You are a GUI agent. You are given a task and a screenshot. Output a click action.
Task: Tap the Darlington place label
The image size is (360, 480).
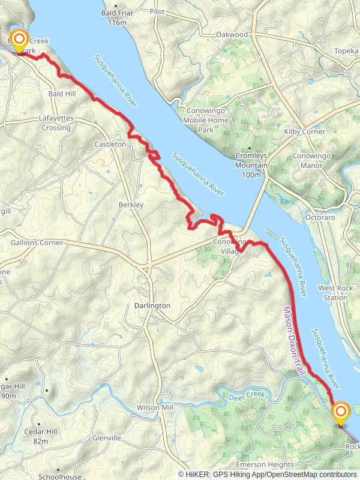pyautogui.click(x=152, y=305)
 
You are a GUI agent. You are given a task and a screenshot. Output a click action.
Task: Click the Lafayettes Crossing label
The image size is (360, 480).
pyautogui.click(x=56, y=123)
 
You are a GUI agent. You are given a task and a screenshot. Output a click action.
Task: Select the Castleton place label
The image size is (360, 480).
pyautogui.click(x=110, y=145)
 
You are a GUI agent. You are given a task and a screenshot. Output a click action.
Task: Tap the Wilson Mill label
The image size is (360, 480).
pyautogui.click(x=155, y=407)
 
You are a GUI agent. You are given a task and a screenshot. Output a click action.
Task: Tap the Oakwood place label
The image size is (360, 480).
pyautogui.click(x=232, y=34)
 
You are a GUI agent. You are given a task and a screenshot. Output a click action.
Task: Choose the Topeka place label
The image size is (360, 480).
pyautogui.click(x=345, y=52)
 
